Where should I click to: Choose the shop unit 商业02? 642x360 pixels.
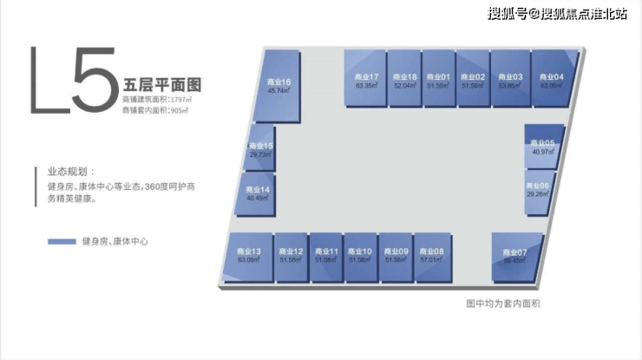(x=473, y=79)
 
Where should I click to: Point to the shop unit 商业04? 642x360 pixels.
(x=553, y=79)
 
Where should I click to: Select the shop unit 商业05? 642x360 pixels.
(x=544, y=146)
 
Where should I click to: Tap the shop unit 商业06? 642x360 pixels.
(x=539, y=189)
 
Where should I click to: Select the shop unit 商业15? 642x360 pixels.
(x=260, y=149)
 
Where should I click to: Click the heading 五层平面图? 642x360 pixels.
(x=162, y=86)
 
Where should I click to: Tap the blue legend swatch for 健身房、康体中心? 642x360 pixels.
(x=62, y=241)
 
